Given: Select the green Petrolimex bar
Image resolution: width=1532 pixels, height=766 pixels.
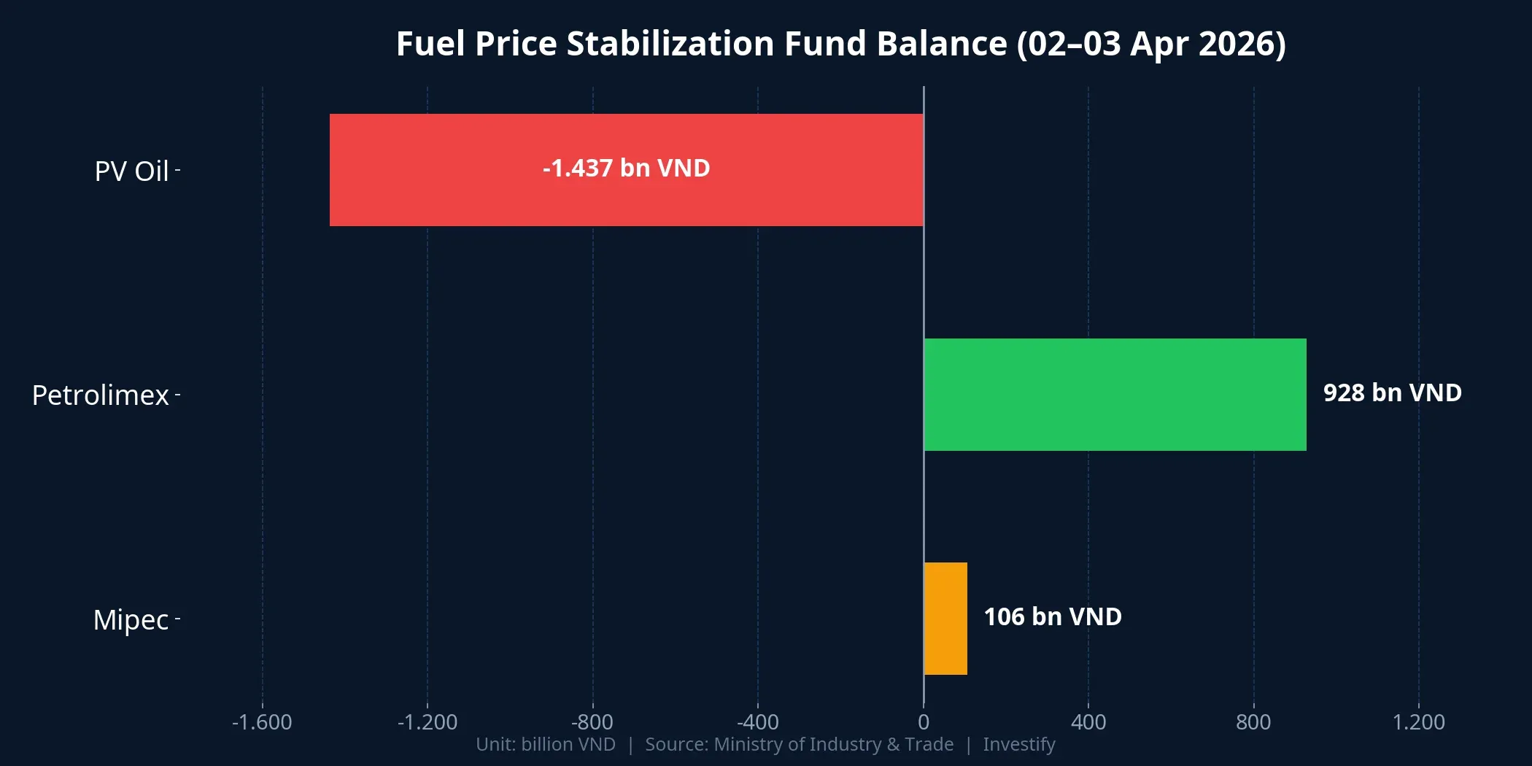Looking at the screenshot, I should (1115, 395).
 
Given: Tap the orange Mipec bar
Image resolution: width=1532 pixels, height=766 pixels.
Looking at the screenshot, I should (945, 619).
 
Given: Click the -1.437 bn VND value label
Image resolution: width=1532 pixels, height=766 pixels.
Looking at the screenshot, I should (626, 169).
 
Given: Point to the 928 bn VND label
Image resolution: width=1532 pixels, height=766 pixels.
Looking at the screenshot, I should (1392, 393).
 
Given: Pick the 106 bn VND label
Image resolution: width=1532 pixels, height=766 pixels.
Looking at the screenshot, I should (1052, 617).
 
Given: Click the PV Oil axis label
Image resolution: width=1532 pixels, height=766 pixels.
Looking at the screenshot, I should (132, 171).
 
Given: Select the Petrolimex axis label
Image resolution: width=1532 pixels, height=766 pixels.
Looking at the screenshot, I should (101, 395).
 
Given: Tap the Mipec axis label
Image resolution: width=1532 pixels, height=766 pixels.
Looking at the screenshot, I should (131, 620).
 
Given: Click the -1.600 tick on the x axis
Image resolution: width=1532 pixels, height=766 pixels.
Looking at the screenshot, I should (262, 722).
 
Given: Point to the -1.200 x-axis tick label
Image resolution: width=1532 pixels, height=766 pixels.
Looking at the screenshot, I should (428, 722).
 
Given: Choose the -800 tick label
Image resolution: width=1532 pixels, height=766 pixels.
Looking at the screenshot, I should (592, 722).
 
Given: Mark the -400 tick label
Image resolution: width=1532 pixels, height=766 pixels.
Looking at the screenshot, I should (757, 722).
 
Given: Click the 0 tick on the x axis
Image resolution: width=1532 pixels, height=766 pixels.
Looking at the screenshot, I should (924, 722).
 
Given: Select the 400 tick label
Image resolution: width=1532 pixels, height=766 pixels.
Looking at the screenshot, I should (1088, 722).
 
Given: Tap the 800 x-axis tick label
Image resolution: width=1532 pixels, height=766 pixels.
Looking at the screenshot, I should (1253, 722).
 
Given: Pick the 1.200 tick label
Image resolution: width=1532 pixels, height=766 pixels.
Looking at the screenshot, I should (1418, 722).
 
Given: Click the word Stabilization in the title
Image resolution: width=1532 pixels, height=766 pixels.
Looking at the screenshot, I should (670, 44).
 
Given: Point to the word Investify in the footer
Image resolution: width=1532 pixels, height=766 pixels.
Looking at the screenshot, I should (1018, 745).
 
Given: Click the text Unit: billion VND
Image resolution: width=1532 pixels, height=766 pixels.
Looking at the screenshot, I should (546, 745).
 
